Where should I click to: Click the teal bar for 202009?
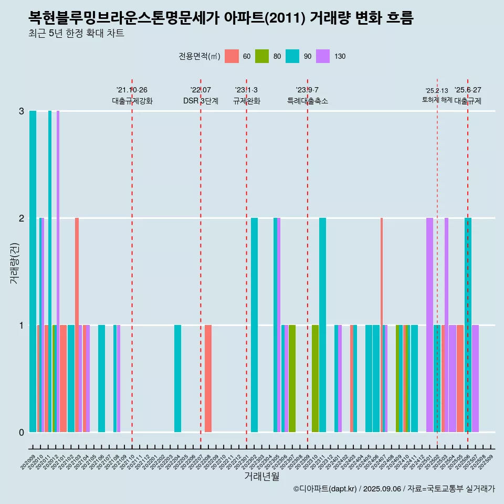(33, 271)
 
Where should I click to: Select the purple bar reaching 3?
(58, 271)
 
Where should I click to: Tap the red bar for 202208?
(208, 379)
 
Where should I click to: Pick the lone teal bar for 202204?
(178, 379)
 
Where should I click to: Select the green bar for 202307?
(292, 379)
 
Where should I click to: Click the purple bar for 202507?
(475, 379)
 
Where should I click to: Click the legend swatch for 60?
(232, 56)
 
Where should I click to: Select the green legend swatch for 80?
(262, 56)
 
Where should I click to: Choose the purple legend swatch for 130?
(323, 56)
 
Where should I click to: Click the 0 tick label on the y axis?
(22, 432)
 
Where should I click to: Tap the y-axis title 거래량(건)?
(14, 263)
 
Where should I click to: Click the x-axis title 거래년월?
(261, 476)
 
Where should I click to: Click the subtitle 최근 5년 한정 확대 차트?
(77, 34)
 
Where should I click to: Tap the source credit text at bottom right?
(394, 489)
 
